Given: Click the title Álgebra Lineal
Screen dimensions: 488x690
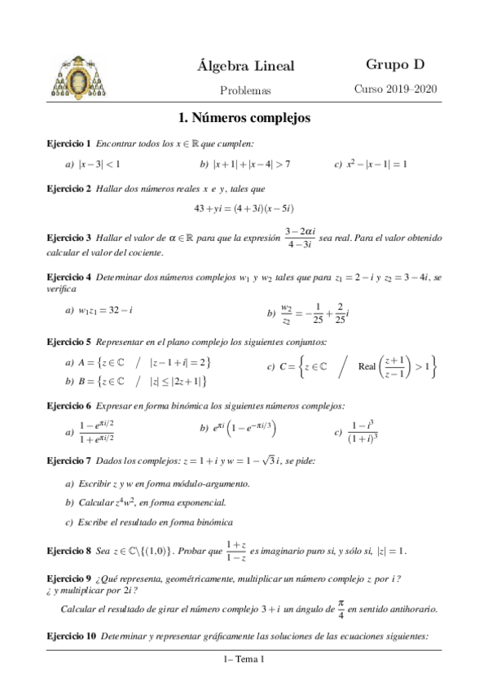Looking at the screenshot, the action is (x=245, y=66).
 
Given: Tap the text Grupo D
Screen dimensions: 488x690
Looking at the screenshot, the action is (x=395, y=64).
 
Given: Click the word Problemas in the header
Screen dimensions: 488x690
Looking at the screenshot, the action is (x=245, y=90).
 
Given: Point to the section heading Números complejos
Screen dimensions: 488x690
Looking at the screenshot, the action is (x=244, y=118).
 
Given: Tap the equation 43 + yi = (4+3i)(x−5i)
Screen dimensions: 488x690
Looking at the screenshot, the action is (x=244, y=207).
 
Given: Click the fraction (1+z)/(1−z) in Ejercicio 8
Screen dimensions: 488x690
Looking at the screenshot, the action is (x=238, y=551).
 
